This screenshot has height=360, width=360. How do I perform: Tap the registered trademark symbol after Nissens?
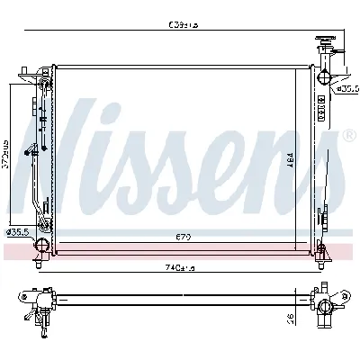tap(348, 135)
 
